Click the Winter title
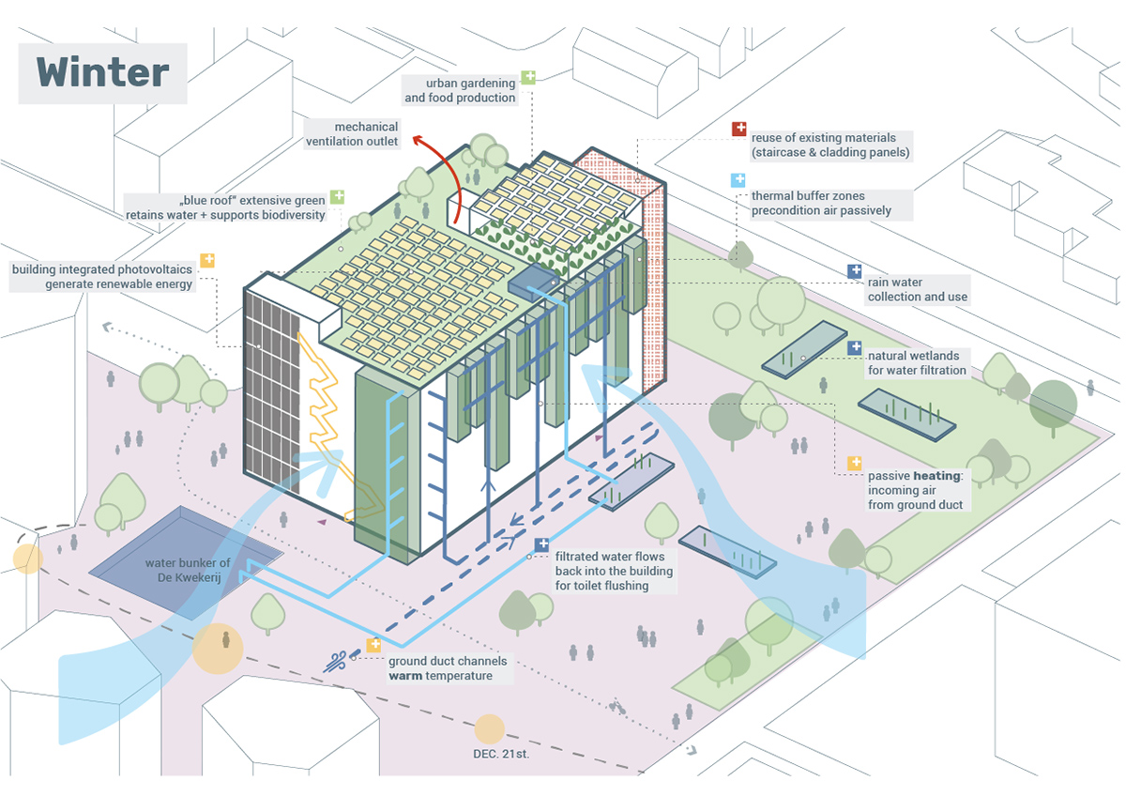(103, 72)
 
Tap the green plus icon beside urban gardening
(528, 76)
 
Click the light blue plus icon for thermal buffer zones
(739, 179)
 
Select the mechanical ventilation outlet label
(352, 133)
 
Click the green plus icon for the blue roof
(337, 197)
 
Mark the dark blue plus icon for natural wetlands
(855, 347)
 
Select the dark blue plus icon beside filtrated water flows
(542, 544)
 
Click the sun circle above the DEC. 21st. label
(488, 728)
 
